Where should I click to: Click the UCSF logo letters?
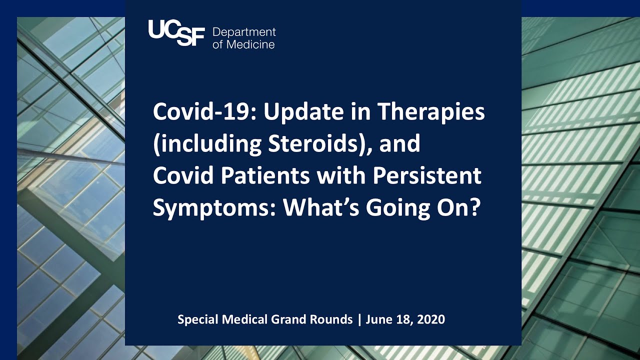(176, 33)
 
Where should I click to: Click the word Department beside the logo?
(244, 32)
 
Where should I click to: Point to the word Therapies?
(431, 112)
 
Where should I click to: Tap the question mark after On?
(474, 208)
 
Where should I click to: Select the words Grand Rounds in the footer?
(320, 319)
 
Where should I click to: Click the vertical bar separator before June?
(359, 319)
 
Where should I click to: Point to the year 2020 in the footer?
(432, 319)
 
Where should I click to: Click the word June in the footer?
(377, 319)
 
